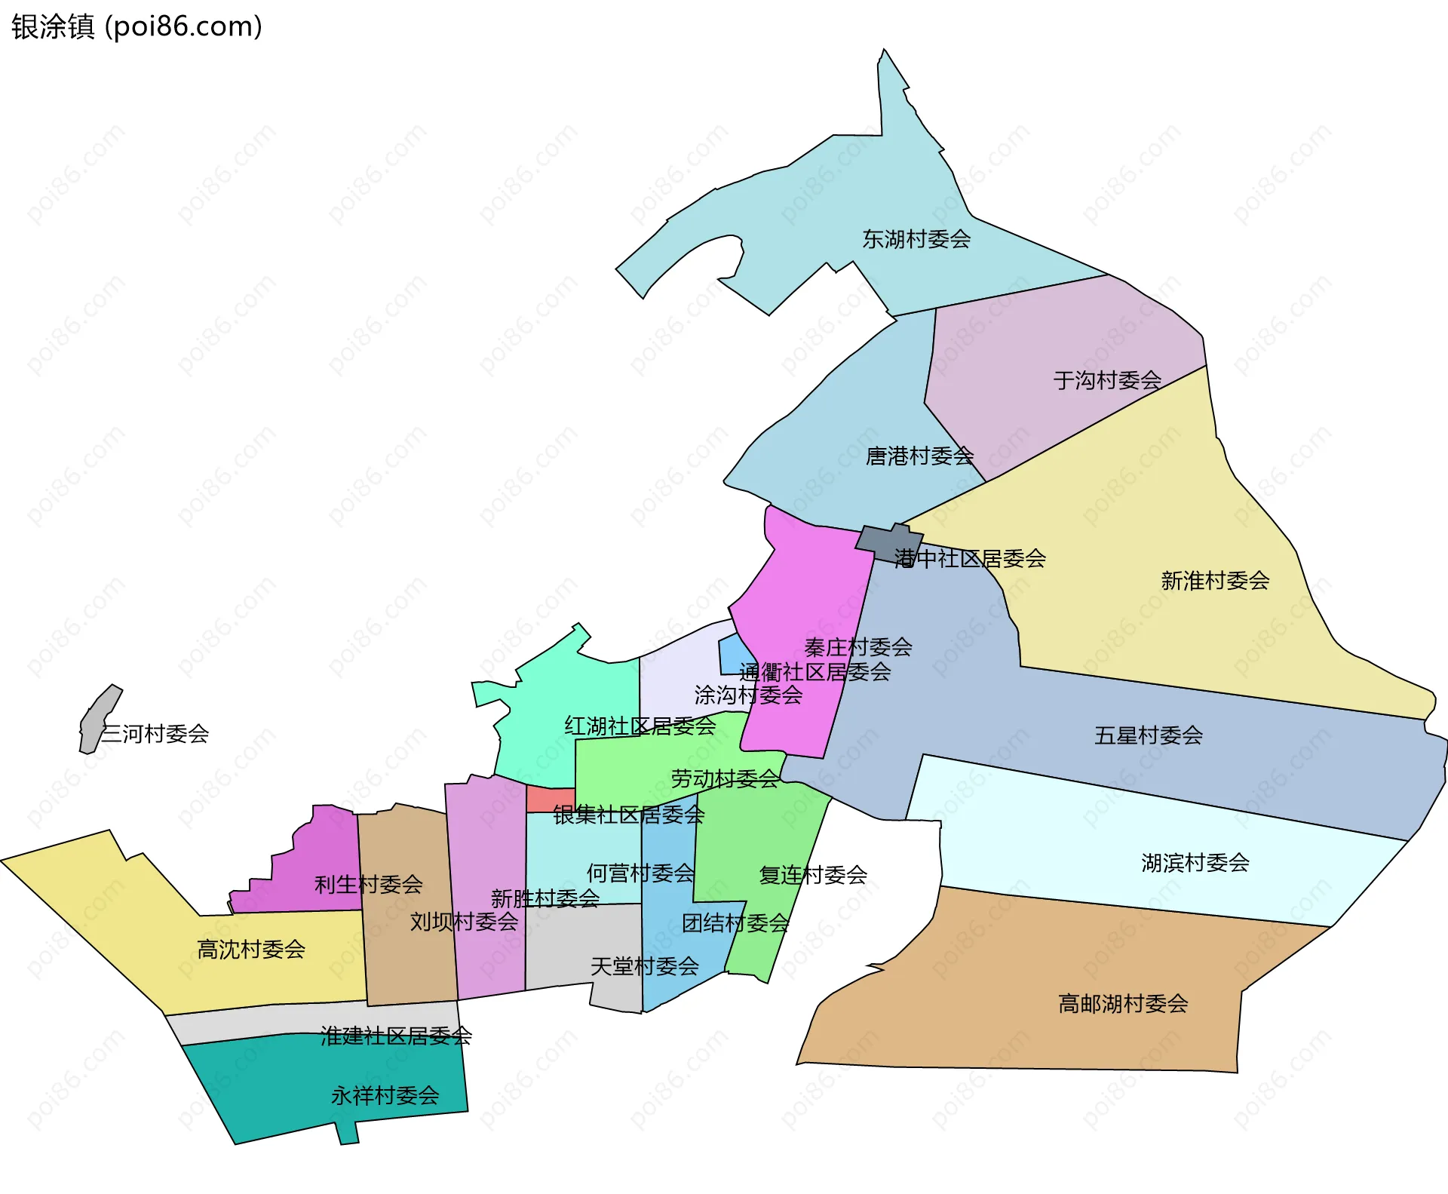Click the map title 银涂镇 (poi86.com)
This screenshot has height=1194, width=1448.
click(137, 26)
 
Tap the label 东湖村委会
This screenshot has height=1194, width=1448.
click(916, 239)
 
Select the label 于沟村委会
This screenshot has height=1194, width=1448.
click(1107, 380)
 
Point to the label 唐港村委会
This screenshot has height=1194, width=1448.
click(919, 456)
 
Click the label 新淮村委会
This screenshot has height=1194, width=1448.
click(1215, 581)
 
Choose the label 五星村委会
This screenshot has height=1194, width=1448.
click(1148, 735)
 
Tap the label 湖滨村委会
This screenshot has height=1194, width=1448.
click(1195, 862)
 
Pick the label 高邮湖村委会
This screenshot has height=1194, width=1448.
click(1123, 1004)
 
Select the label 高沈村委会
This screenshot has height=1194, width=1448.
click(251, 949)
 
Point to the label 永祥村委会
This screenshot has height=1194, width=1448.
click(385, 1095)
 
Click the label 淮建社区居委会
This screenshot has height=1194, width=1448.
click(396, 1036)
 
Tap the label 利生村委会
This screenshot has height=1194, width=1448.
click(368, 884)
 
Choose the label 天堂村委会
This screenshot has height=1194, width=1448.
click(644, 966)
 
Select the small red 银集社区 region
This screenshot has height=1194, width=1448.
click(550, 799)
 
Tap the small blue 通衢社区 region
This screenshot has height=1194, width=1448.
click(733, 654)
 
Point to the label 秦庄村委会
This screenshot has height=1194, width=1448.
click(858, 647)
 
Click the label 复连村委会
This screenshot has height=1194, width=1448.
click(813, 875)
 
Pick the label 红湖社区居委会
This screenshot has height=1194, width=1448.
click(640, 726)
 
